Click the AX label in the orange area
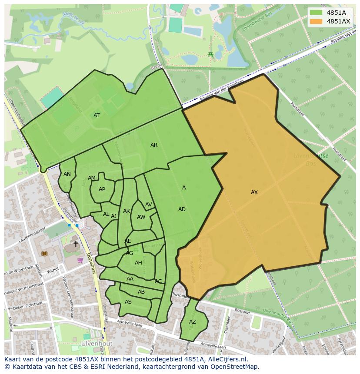(254, 192)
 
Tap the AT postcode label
(97, 116)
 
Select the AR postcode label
(154, 145)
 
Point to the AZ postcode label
(193, 322)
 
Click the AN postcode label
(67, 174)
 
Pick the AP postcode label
(102, 189)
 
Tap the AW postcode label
(141, 217)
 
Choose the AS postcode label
(128, 302)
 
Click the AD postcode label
(182, 209)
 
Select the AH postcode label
(138, 263)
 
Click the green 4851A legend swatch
(316, 13)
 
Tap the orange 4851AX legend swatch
(316, 21)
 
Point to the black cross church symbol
(76, 244)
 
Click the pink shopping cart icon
(80, 260)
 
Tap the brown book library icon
(43, 253)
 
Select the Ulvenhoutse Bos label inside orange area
(310, 159)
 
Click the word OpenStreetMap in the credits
(235, 367)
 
